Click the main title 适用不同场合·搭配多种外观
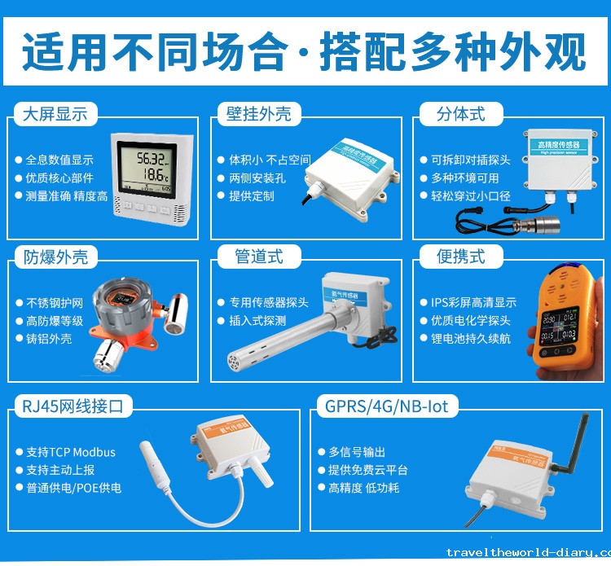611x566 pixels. click(x=305, y=52)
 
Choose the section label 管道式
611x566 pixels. click(x=259, y=257)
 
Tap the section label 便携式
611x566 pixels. click(x=460, y=257)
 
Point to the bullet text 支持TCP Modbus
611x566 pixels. click(x=71, y=452)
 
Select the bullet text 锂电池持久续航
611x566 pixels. click(x=471, y=338)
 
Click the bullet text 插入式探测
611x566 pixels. click(x=257, y=320)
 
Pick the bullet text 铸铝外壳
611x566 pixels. click(x=49, y=338)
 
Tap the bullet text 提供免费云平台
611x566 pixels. click(x=367, y=470)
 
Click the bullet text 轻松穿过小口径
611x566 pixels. click(x=471, y=195)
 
